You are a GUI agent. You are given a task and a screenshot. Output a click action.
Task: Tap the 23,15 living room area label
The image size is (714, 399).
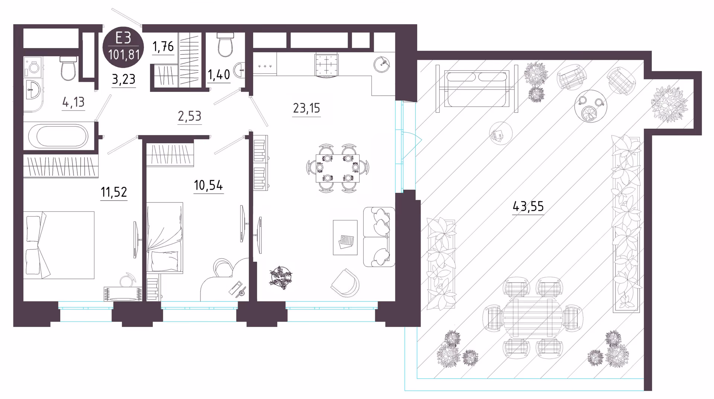point(306,108)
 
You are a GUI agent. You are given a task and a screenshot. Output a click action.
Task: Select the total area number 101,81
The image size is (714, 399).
point(124,55)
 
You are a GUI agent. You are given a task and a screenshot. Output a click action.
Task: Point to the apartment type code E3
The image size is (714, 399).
point(123,38)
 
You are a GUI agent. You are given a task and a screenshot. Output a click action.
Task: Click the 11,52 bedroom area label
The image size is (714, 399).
point(114,192)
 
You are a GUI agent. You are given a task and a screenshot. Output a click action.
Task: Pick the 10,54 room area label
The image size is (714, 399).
point(208,185)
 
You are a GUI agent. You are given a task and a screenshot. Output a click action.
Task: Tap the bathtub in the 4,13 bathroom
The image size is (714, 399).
point(58,135)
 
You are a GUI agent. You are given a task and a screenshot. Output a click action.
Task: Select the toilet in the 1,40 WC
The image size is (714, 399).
point(225,45)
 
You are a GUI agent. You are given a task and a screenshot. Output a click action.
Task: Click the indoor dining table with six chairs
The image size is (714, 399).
point(338,168)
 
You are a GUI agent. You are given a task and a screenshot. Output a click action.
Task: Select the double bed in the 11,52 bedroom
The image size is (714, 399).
point(59,245)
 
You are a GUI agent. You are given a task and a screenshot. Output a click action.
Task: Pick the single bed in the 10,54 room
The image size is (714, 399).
point(165,237)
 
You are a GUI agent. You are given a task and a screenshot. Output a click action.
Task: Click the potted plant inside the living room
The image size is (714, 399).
point(281,277)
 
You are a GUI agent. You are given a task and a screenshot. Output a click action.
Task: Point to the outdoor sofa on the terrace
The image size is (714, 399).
point(477,89)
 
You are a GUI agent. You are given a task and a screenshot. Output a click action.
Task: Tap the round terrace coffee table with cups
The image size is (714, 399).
point(591,106)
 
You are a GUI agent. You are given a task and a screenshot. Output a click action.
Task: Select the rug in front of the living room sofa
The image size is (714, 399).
point(345,237)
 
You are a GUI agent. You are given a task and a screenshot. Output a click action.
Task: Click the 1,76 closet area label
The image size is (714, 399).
point(163,47)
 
